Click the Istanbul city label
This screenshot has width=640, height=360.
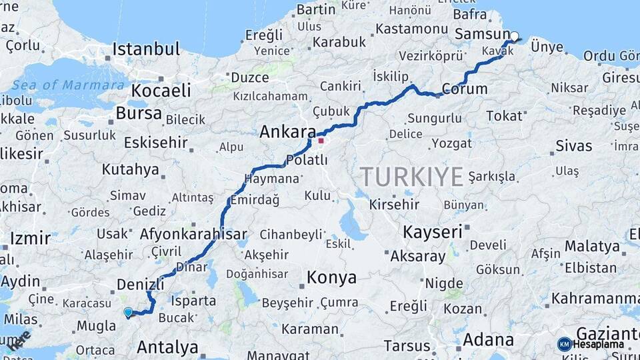click(x=146, y=49)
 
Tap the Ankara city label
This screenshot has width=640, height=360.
click(x=287, y=131)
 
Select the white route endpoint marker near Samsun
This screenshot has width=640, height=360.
click(x=514, y=36)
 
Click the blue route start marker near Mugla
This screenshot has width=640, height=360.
click(x=128, y=311)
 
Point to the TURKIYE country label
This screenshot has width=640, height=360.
click(x=412, y=177)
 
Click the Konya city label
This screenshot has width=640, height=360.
click(x=331, y=277)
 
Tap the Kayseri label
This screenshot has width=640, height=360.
click(x=433, y=231)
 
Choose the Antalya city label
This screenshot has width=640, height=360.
click(x=167, y=347)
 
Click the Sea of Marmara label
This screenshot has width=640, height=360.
click(x=68, y=85)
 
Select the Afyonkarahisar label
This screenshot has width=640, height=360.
click(x=193, y=234)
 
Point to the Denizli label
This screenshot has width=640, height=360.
click(x=140, y=284)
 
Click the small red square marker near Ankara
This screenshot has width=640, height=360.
click(x=321, y=141)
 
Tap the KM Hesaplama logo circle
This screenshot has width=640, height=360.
click(x=565, y=344)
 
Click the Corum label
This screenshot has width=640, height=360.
click(x=465, y=89)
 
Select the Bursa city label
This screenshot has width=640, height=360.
click(x=139, y=113)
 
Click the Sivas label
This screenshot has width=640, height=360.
click(x=573, y=146)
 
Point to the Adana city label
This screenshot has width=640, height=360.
click(x=488, y=339)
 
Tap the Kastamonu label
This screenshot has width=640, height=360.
click(x=411, y=29)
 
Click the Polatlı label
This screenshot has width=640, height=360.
click(x=307, y=160)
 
